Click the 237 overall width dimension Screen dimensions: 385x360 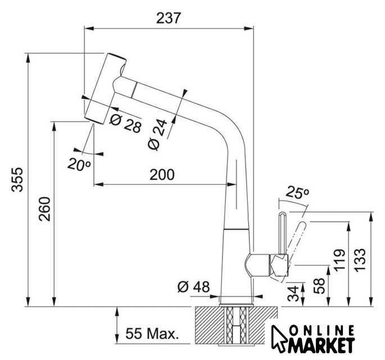169,18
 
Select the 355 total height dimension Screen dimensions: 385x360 17,179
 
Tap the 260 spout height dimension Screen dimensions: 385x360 44,209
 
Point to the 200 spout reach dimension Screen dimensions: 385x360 162,174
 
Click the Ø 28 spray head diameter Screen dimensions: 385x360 125,124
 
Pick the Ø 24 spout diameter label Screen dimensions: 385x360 157,134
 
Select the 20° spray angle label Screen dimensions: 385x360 79,164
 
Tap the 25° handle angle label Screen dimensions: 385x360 297,192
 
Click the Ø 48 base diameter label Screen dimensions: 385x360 194,287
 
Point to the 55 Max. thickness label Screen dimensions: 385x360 152,334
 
